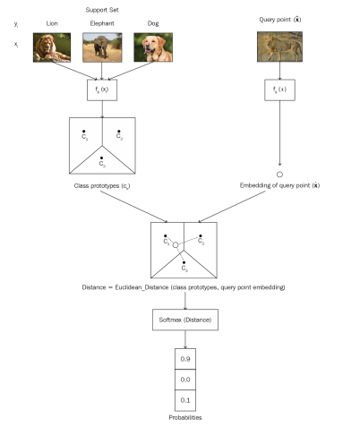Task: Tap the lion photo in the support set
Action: tap(50, 47)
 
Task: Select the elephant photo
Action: tap(101, 47)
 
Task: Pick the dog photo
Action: tap(151, 47)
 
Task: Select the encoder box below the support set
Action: tap(101, 90)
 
